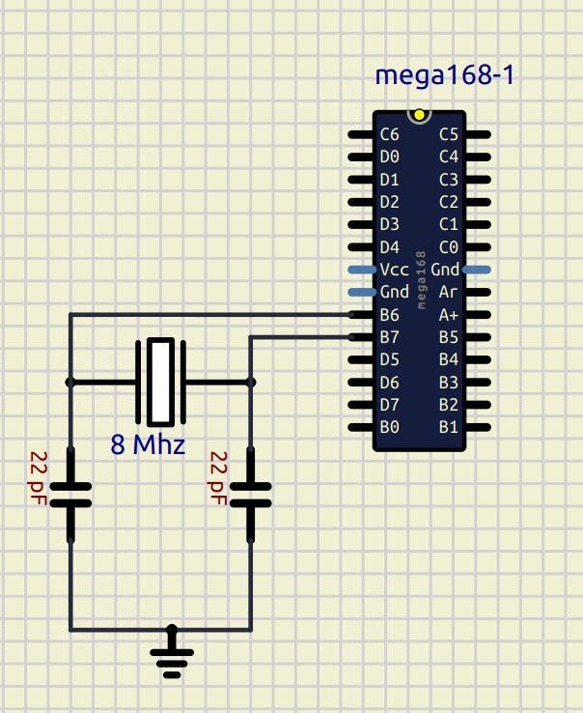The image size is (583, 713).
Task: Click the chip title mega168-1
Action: tap(445, 76)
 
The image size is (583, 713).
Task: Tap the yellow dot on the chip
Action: tap(419, 115)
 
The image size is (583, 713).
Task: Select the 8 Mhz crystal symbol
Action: tap(160, 382)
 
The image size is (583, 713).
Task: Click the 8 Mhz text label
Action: tap(147, 445)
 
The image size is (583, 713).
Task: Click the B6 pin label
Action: tap(390, 315)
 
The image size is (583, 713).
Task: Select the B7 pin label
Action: tap(390, 337)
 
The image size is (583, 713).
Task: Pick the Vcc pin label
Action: tap(394, 270)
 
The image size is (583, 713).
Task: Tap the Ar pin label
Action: tap(449, 292)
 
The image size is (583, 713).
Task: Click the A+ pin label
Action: tap(449, 315)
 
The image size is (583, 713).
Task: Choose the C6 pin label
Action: tap(390, 134)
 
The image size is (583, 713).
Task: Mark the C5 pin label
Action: tap(449, 134)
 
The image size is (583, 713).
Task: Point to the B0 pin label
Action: tap(390, 427)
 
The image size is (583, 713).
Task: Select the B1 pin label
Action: tap(449, 427)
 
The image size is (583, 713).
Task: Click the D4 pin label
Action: tap(390, 246)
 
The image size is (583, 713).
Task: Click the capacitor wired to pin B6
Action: tap(69, 494)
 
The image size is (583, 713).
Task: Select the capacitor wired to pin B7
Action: tap(251, 494)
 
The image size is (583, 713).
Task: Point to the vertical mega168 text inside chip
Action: tap(420, 280)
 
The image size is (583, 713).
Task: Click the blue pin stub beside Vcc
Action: tap(361, 270)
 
